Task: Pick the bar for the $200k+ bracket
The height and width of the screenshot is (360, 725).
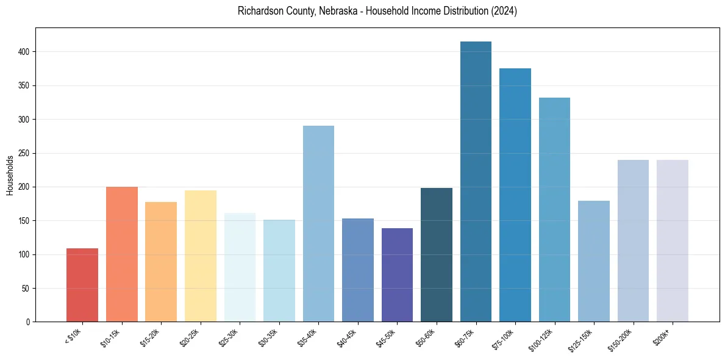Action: pyautogui.click(x=672, y=241)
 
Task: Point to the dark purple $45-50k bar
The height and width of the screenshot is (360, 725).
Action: pyautogui.click(x=397, y=275)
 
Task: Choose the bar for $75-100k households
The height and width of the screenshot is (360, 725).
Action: pyautogui.click(x=515, y=195)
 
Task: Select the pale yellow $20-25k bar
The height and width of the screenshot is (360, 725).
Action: pyautogui.click(x=200, y=256)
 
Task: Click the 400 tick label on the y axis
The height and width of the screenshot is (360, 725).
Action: pyautogui.click(x=25, y=52)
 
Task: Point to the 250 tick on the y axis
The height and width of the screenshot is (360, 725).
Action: pyautogui.click(x=25, y=153)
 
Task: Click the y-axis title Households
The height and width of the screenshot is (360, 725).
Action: pyautogui.click(x=10, y=175)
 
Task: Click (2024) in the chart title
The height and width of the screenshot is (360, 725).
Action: pyautogui.click(x=505, y=11)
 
